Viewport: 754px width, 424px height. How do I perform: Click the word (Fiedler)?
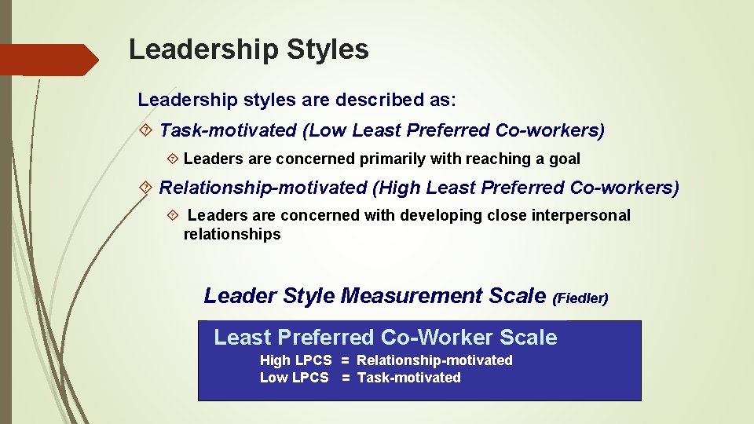[580, 298]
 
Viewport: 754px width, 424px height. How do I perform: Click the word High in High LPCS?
[275, 360]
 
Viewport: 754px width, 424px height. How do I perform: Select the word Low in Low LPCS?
[273, 378]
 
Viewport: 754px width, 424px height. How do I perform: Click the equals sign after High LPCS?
[345, 360]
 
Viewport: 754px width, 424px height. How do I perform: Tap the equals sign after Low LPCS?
[345, 378]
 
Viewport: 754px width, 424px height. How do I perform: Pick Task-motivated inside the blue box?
[408, 378]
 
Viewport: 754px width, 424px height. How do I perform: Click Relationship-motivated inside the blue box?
[434, 360]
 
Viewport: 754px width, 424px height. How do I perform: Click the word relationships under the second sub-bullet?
[232, 234]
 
